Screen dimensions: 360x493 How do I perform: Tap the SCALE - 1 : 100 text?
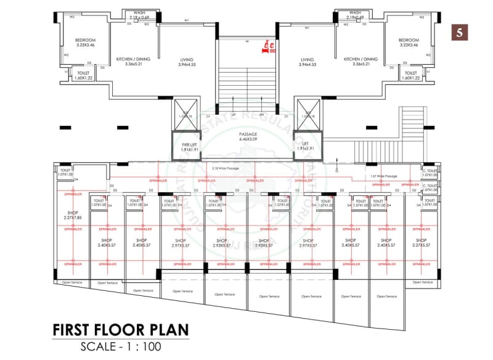[x=121, y=346]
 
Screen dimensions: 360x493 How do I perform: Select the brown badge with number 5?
[x=459, y=32]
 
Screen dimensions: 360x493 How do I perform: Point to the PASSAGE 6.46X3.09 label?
[x=247, y=136]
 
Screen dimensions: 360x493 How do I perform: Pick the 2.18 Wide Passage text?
[x=225, y=168]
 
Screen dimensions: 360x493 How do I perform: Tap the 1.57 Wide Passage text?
[x=386, y=176]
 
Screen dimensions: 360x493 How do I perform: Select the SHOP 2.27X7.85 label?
[x=72, y=215]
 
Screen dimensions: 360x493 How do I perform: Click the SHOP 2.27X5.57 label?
[x=422, y=242]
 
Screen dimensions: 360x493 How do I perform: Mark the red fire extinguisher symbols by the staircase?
[x=267, y=46]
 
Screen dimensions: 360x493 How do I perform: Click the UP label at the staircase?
[x=234, y=115]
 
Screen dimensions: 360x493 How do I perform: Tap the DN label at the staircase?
[x=261, y=115]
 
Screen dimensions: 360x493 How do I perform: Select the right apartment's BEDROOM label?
[x=410, y=42]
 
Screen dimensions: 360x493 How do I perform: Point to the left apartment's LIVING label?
[x=186, y=62]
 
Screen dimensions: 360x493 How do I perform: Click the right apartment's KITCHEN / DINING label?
[x=361, y=62]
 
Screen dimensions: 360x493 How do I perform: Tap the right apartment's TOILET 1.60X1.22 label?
[x=410, y=75]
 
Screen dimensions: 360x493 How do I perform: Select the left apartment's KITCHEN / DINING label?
[x=134, y=62]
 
